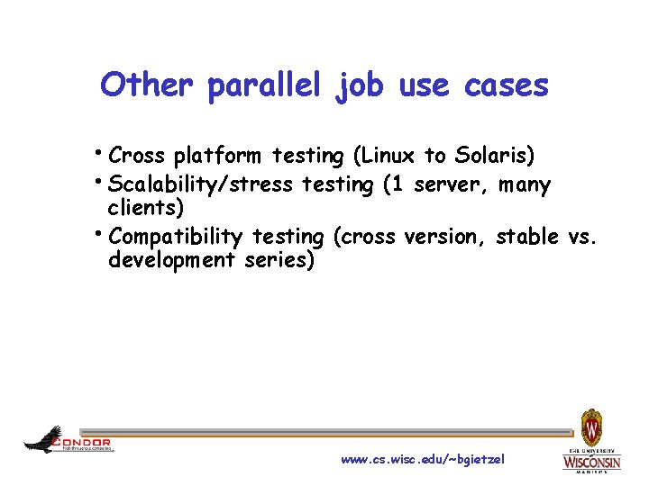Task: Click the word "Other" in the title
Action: (145, 85)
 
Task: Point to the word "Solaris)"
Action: (494, 156)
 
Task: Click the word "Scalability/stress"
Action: (199, 185)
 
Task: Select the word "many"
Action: (524, 185)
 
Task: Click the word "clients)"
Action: (146, 209)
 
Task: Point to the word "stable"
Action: (527, 237)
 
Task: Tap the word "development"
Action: (170, 260)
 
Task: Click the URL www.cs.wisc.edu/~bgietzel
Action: (423, 460)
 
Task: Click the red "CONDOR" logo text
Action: (82, 442)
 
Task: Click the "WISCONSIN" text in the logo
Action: (591, 462)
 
